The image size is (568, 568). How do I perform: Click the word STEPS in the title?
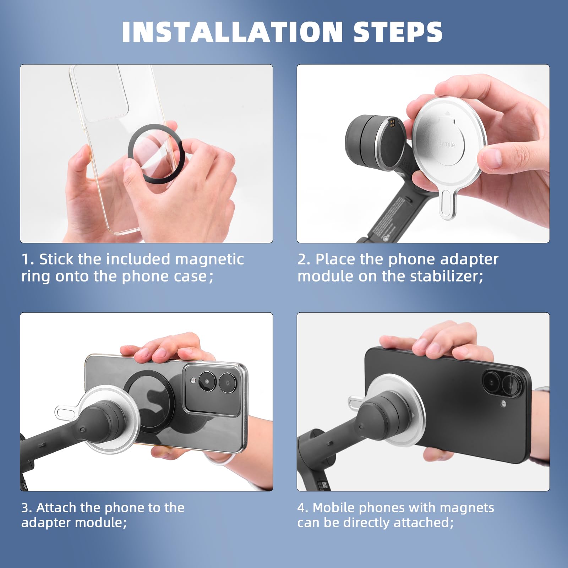[x=398, y=32]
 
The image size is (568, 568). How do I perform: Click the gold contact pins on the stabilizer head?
[x=392, y=123]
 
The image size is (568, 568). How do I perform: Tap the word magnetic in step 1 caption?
[x=209, y=259]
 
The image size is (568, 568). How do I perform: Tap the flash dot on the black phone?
[x=503, y=404]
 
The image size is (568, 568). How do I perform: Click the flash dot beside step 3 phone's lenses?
[x=193, y=380]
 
